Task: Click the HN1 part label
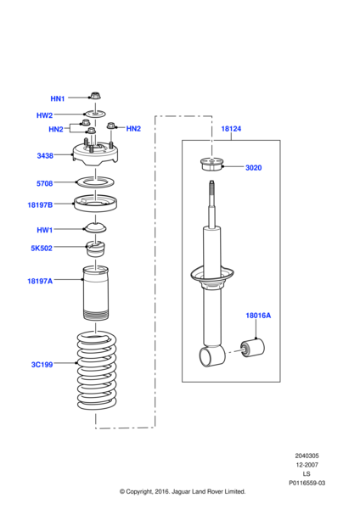58,98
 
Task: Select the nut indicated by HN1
96,96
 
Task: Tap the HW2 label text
44,115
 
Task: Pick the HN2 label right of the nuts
133,129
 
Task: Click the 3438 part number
45,156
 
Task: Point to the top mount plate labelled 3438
95,154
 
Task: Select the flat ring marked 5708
95,182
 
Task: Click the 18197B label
40,204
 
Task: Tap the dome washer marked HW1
95,227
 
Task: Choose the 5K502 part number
42,249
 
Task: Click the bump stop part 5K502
95,249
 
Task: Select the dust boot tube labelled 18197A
96,293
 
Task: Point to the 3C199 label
42,365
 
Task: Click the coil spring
97,371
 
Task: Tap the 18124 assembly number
231,129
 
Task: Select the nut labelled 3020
211,165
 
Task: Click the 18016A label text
258,316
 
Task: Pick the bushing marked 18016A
252,348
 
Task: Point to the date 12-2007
307,465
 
